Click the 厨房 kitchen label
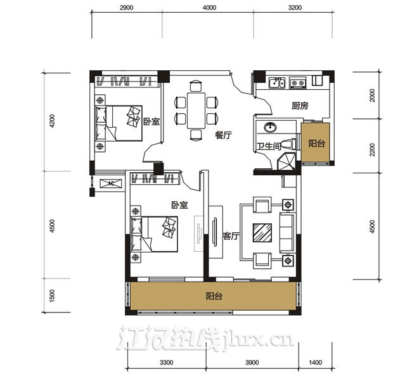click(300, 106)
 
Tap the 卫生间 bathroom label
click(269, 146)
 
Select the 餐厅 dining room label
click(223, 135)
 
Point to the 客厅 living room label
click(231, 236)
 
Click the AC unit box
click(111, 183)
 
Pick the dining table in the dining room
click(196, 110)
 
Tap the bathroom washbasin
click(270, 127)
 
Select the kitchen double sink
click(277, 82)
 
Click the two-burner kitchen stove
click(298, 83)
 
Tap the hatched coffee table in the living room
click(262, 233)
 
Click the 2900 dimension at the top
click(126, 8)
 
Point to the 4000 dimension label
click(209, 8)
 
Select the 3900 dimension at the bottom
click(252, 363)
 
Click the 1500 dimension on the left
click(52, 295)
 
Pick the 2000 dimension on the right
click(372, 96)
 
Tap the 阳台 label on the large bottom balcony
click(214, 296)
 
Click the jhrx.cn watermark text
click(257, 340)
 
